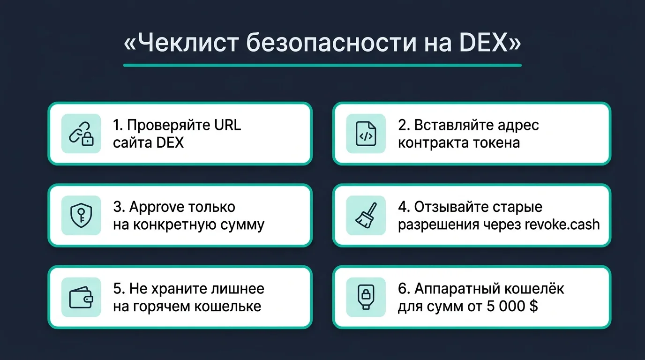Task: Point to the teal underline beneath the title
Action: [x=322, y=65]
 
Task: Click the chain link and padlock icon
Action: [x=81, y=134]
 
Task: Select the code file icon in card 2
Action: [x=366, y=134]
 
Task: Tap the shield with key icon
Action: [x=81, y=215]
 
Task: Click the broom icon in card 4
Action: [x=366, y=215]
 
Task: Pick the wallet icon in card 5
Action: [x=81, y=297]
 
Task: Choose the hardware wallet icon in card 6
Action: [x=366, y=297]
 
